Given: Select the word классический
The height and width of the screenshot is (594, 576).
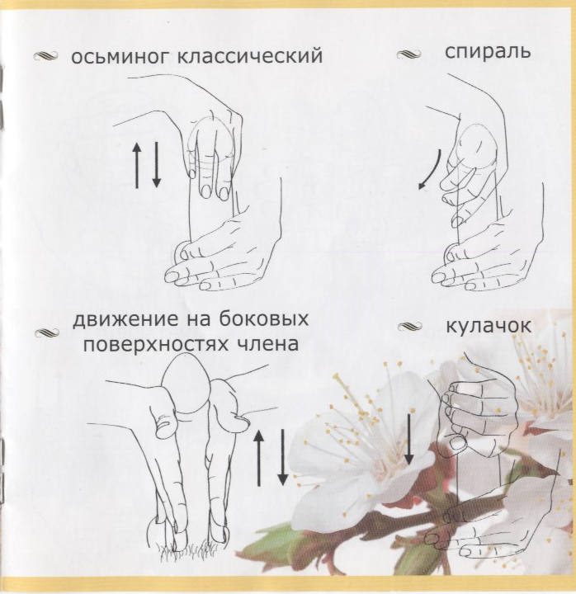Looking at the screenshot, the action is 250,56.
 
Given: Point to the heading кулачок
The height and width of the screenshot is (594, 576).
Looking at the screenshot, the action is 489,326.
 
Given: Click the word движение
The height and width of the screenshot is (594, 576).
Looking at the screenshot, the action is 125,320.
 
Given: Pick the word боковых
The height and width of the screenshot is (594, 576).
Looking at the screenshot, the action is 264,319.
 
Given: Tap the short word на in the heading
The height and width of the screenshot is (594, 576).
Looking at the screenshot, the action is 199,321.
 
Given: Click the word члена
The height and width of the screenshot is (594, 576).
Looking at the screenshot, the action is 268,344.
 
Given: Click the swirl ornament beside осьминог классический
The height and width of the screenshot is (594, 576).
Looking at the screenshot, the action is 45,56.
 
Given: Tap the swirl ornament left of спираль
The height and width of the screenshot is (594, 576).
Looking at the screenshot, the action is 408,54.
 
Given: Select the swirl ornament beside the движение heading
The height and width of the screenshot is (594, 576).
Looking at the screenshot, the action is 47,333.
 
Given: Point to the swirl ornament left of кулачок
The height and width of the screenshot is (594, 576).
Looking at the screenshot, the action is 410,326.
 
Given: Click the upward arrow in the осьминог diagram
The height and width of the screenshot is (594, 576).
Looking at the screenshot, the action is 137,166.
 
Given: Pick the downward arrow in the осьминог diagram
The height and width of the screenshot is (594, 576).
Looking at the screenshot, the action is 157,165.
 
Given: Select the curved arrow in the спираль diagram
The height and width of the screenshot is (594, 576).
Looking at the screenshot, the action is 431,169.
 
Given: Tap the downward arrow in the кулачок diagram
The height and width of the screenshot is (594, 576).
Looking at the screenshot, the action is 408,439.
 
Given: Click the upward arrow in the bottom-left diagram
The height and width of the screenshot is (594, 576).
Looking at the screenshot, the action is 259,458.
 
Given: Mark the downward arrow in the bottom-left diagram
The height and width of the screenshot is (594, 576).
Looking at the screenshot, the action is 282,458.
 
